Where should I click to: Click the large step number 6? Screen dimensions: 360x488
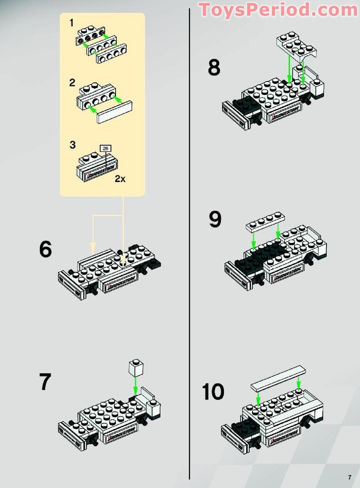click(x=46, y=249)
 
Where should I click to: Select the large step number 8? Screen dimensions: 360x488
click(x=214, y=68)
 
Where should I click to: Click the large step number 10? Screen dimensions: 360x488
click(x=213, y=392)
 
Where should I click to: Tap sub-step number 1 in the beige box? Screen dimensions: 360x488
click(x=72, y=23)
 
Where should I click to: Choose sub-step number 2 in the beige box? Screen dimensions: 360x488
click(x=72, y=83)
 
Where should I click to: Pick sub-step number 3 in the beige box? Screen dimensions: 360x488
click(x=72, y=145)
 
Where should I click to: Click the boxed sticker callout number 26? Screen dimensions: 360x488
click(x=106, y=148)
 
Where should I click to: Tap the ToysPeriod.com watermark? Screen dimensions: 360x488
click(x=279, y=10)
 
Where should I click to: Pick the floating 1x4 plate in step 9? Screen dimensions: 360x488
click(x=265, y=223)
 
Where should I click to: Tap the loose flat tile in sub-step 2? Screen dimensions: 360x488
click(x=114, y=112)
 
